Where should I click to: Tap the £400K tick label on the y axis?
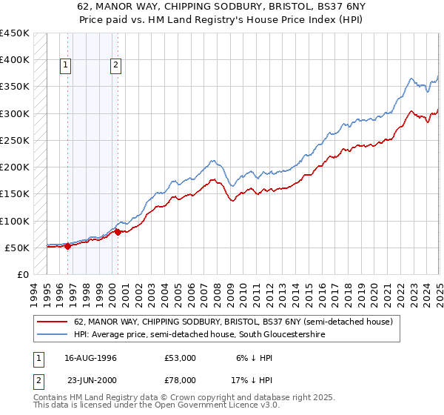tap(14, 60)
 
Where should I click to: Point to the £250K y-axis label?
tap(14, 140)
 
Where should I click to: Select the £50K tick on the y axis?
tap(17, 248)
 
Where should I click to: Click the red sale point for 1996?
tap(68, 247)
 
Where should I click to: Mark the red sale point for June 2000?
tap(118, 233)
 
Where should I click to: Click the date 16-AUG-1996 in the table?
tap(88, 358)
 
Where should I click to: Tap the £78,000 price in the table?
tap(181, 380)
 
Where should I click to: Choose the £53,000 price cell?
tap(181, 358)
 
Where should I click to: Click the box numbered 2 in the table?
tap(38, 380)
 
